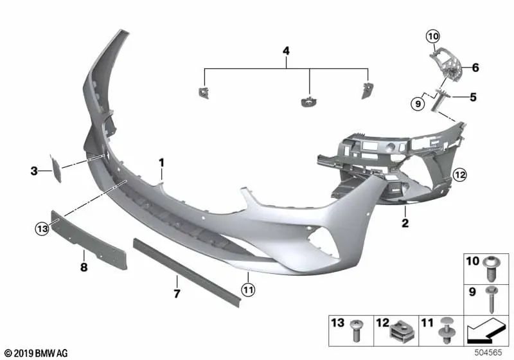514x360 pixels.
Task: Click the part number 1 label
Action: tap(162, 163)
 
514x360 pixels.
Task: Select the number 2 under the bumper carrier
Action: tap(405, 224)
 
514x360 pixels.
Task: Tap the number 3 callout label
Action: tap(35, 170)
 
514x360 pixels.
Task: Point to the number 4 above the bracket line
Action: tap(286, 50)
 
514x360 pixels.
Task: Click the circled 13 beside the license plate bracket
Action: tap(42, 227)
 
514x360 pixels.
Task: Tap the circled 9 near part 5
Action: tap(418, 102)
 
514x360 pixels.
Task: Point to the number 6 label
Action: tap(475, 67)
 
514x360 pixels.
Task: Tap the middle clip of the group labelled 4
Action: tap(309, 100)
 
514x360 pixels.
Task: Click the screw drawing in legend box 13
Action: tap(356, 332)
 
